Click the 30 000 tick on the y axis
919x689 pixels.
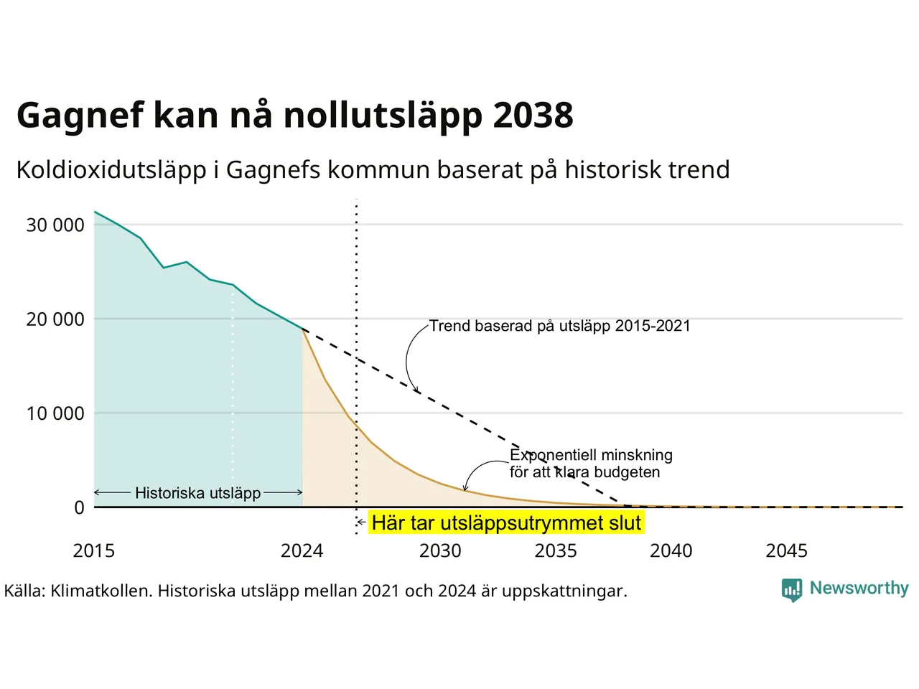click(55, 225)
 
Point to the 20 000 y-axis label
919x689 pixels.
click(55, 319)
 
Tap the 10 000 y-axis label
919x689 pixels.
click(55, 413)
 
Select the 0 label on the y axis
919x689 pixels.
click(79, 507)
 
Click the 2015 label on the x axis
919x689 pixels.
click(94, 551)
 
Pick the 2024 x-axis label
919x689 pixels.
click(302, 551)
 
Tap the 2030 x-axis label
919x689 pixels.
click(440, 551)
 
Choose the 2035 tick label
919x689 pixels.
click(556, 551)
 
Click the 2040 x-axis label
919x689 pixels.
click(671, 551)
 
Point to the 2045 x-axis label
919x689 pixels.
click(787, 551)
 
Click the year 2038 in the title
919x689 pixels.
click(533, 115)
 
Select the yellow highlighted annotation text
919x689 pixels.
click(506, 523)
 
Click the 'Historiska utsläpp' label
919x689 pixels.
click(197, 493)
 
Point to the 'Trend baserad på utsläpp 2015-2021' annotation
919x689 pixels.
click(560, 326)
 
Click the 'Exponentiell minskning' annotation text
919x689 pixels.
click(591, 455)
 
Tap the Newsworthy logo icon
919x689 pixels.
click(792, 590)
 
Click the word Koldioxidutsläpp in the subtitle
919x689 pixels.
click(111, 170)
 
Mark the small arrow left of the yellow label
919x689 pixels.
click(361, 522)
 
